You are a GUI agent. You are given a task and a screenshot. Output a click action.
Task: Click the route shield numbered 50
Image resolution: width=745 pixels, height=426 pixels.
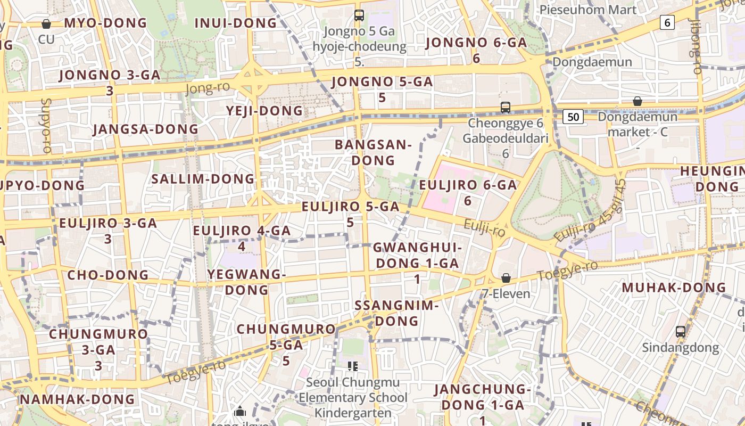pos(573,117)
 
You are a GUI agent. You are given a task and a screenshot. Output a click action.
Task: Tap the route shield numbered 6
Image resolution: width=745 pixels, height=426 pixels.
pos(667,22)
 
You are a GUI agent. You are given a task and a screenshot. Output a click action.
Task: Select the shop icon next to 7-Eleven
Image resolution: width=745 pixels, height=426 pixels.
pos(506,278)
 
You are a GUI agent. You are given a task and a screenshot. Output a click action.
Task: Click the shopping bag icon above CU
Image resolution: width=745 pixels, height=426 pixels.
pos(46,23)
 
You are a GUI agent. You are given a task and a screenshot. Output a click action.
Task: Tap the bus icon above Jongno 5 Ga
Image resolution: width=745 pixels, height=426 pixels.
pos(359,15)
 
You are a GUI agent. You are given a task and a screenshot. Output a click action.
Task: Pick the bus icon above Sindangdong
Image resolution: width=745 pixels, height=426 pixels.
pos(680,331)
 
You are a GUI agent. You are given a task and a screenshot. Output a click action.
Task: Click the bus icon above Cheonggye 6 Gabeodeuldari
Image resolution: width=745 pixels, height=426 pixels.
pos(505,107)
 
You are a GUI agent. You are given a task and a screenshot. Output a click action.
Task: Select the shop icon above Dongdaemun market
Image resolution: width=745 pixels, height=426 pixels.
pos(637,101)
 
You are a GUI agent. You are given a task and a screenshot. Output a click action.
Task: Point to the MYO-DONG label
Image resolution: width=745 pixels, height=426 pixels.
pos(105,23)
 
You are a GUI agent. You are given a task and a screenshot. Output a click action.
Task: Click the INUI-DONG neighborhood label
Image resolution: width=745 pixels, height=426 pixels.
pos(236,23)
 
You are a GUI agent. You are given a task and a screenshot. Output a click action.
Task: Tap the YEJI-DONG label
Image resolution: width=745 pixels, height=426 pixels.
pos(264,111)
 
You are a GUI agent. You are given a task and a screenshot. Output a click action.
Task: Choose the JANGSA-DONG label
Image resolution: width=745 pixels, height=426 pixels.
pos(145,129)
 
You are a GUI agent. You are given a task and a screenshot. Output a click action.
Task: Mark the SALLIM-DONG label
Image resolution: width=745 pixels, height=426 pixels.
pos(203,178)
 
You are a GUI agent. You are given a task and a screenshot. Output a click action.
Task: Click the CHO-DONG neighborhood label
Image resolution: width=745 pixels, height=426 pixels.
pos(108,275)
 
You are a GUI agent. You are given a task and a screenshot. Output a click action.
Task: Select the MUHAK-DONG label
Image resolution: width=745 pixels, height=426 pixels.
pos(674,288)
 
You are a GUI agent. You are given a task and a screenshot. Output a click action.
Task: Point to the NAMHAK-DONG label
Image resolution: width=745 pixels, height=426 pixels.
pos(78,399)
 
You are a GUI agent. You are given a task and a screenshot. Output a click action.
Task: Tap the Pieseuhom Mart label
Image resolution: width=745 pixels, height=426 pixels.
pos(588,10)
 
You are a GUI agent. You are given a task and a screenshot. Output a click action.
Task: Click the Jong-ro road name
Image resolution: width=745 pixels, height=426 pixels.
pos(208,88)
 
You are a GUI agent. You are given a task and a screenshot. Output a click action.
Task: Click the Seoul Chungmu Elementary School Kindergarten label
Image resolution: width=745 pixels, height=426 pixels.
pos(353,397)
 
